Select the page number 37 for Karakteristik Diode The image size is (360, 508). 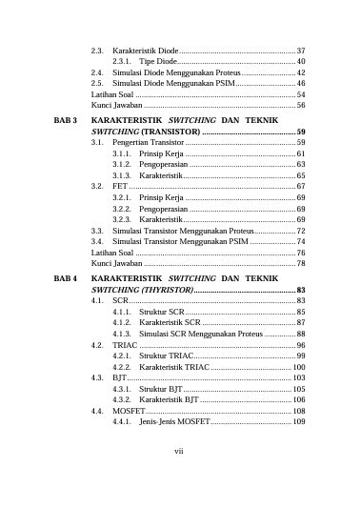point(300,50)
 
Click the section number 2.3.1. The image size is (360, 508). point(121,61)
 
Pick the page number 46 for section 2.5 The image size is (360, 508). point(300,84)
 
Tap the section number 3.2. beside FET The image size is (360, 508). point(97,187)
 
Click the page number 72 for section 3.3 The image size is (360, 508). point(300,232)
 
